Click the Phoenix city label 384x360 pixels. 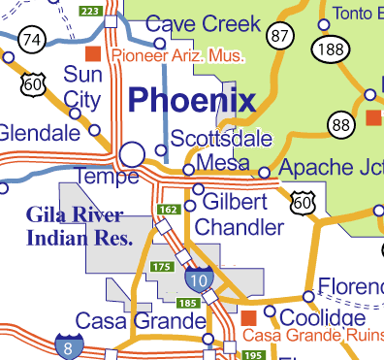pos(192,100)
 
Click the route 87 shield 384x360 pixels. pos(282,36)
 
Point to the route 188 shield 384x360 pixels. pos(328,49)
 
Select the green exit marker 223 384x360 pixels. pos(88,11)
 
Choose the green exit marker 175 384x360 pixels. pos(162,266)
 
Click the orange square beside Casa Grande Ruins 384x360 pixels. pos(248,317)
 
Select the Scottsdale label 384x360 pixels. pos(221,140)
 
